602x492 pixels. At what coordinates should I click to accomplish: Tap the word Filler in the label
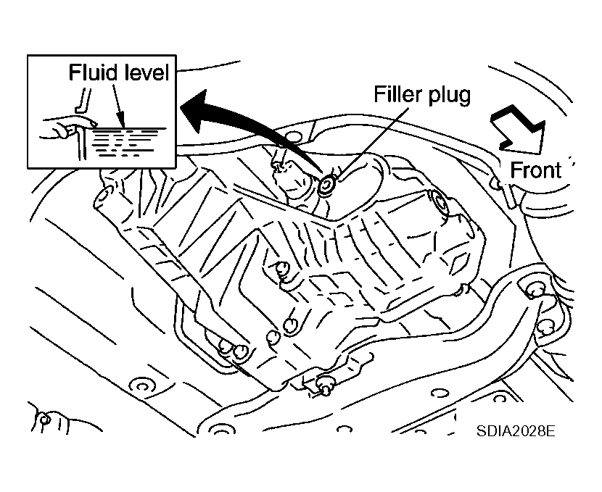pyautogui.click(x=397, y=94)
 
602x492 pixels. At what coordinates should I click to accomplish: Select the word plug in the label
pyautogui.click(x=448, y=96)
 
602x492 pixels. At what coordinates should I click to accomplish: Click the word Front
pyautogui.click(x=535, y=170)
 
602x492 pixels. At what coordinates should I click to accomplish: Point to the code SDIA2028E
pyautogui.click(x=516, y=430)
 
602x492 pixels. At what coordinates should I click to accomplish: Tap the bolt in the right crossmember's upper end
pyautogui.click(x=535, y=291)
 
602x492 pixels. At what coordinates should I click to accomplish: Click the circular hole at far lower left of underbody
pyautogui.click(x=141, y=385)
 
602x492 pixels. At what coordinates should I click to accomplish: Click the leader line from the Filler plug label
pyautogui.click(x=371, y=143)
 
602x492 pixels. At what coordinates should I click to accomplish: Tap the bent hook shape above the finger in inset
pyautogui.click(x=83, y=101)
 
